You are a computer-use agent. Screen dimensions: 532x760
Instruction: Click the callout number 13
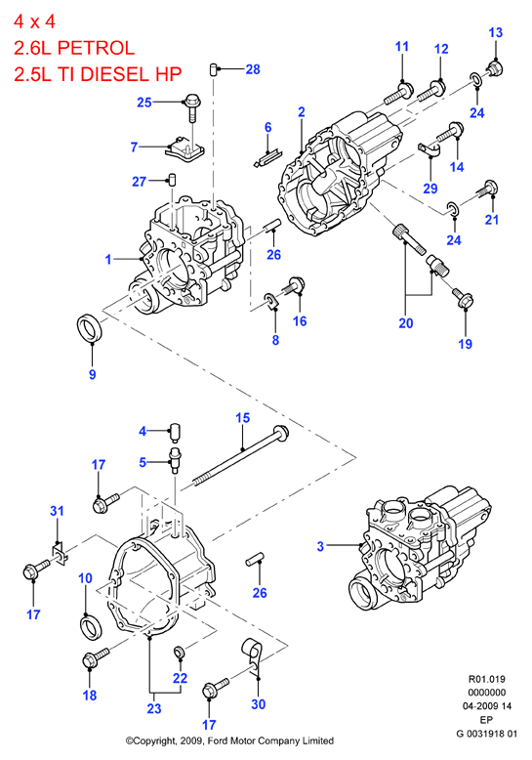point(496,33)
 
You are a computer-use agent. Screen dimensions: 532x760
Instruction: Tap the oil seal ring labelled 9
point(91,327)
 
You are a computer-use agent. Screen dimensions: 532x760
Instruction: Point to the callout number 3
point(320,546)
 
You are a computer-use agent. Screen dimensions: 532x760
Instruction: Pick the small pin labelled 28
point(214,68)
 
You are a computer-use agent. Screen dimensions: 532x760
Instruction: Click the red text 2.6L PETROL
point(74,48)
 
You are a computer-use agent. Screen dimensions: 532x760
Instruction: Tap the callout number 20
point(406,322)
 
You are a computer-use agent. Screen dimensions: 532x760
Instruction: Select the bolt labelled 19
point(463,298)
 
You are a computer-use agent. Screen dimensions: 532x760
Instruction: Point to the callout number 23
point(154,708)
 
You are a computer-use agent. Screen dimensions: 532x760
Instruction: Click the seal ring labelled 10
point(91,627)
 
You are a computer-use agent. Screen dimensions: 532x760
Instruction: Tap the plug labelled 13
point(494,68)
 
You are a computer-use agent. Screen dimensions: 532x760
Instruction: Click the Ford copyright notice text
point(229,740)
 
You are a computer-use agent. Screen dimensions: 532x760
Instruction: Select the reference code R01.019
point(486,679)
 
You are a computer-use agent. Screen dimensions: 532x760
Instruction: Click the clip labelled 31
point(59,553)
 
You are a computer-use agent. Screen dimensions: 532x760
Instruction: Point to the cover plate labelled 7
point(184,148)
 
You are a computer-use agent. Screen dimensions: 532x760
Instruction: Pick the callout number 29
point(430,189)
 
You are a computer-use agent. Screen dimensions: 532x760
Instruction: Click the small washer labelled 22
point(179,652)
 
